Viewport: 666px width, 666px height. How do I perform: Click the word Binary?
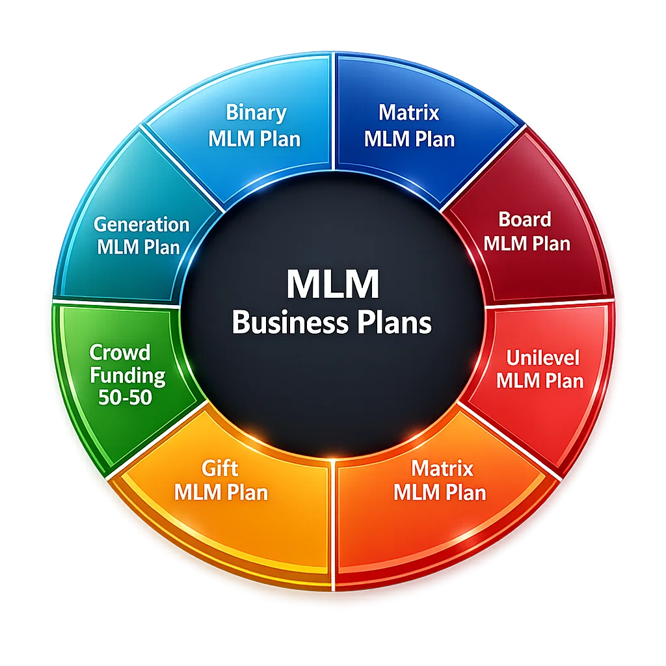pyautogui.click(x=256, y=113)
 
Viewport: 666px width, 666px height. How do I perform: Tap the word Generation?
pyautogui.click(x=141, y=224)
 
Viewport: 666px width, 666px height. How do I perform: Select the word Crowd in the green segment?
pyautogui.click(x=120, y=353)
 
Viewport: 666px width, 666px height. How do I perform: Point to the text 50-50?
pyautogui.click(x=125, y=397)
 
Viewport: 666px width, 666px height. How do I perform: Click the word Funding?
pyautogui.click(x=127, y=375)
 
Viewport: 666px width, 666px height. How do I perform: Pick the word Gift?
pyautogui.click(x=220, y=468)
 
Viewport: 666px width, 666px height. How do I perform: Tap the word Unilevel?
pyautogui.click(x=542, y=357)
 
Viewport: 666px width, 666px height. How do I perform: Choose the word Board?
pyautogui.click(x=524, y=219)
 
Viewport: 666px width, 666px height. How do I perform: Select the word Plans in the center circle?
pyautogui.click(x=397, y=322)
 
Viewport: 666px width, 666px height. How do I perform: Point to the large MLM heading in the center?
pyautogui.click(x=332, y=284)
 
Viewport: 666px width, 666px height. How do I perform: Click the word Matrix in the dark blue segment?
pyautogui.click(x=409, y=113)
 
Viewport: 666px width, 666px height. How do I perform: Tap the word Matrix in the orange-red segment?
pyautogui.click(x=442, y=468)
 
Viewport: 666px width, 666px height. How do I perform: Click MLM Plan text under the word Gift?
pyautogui.click(x=221, y=492)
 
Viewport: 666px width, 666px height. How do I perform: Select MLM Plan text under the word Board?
pyautogui.click(x=527, y=244)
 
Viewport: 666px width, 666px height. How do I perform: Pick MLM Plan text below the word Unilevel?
pyautogui.click(x=540, y=380)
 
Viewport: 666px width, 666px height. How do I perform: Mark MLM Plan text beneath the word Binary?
pyautogui.click(x=254, y=139)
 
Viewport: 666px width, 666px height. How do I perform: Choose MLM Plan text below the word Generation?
pyautogui.click(x=138, y=247)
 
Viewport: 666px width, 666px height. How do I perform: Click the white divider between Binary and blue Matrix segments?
pyautogui.click(x=333, y=111)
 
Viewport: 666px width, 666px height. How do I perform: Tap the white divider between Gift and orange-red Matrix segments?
pyautogui.click(x=333, y=520)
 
